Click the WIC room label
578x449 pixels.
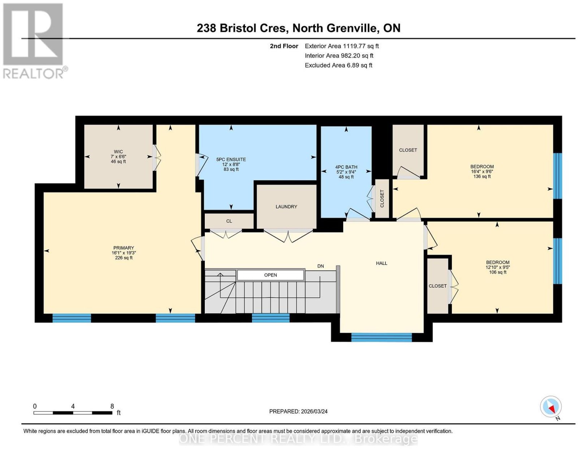click(x=118, y=152)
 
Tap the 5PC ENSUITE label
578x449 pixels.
click(x=231, y=160)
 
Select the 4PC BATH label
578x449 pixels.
click(x=346, y=167)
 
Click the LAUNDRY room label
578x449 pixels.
click(x=286, y=207)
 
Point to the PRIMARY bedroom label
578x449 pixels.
click(x=124, y=248)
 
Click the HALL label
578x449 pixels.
click(x=381, y=263)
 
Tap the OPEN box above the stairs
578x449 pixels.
click(x=271, y=275)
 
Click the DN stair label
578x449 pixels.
click(x=320, y=266)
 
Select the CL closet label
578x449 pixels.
click(x=229, y=221)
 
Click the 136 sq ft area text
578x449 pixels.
click(x=482, y=176)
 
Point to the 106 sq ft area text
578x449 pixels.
click(x=497, y=272)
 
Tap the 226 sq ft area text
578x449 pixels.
click(x=124, y=258)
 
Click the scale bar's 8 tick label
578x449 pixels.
click(x=112, y=406)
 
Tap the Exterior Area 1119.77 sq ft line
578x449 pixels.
click(x=341, y=46)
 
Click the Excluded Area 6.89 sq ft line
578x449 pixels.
click(x=338, y=65)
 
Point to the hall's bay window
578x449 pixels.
click(x=381, y=337)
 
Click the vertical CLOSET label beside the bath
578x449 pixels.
click(x=382, y=198)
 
